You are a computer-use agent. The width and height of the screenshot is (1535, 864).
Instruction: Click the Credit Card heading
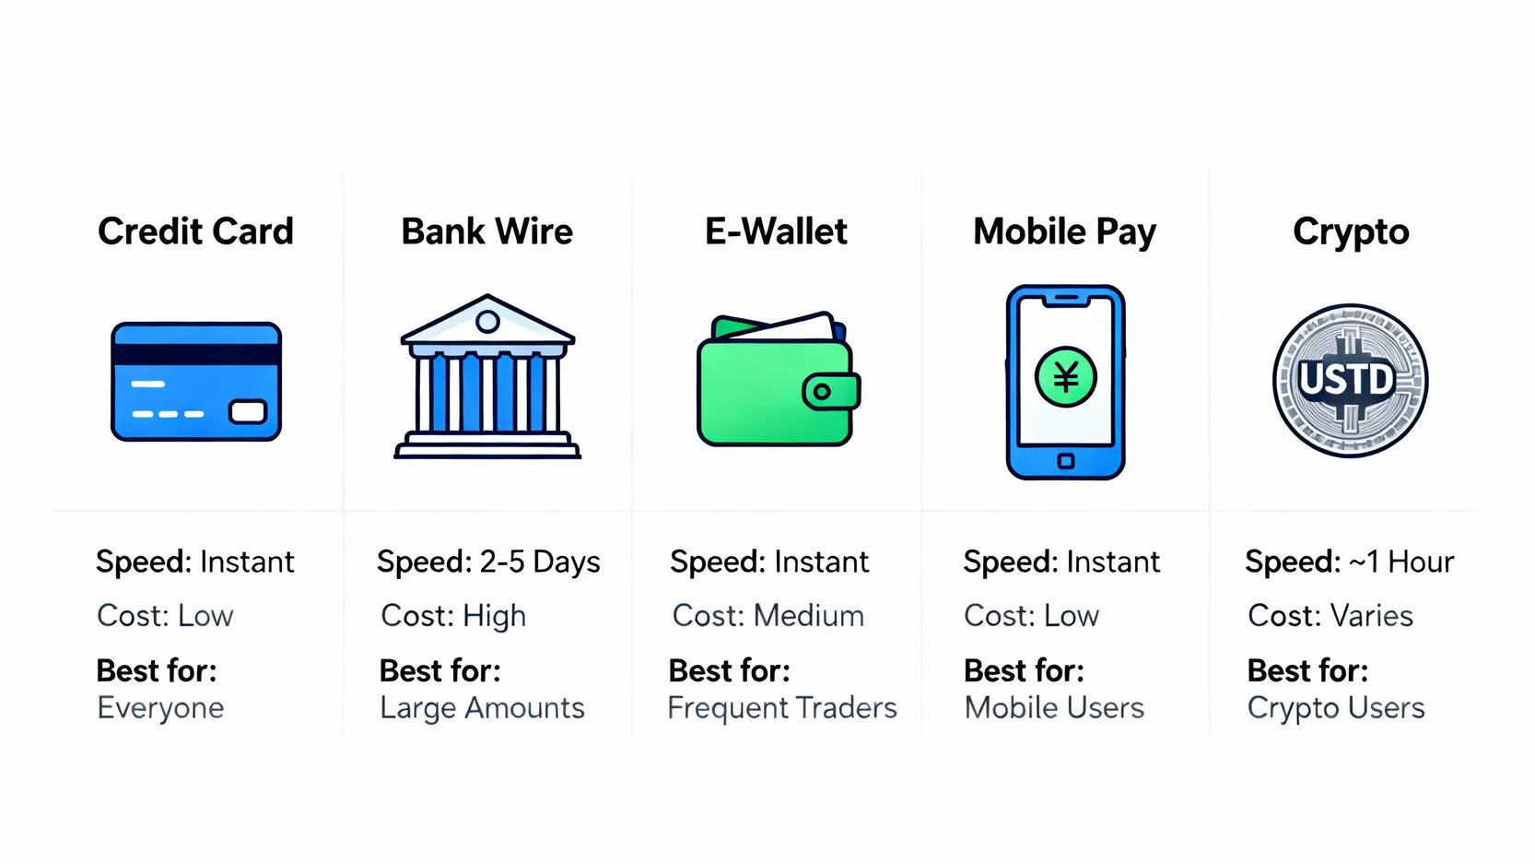tap(195, 231)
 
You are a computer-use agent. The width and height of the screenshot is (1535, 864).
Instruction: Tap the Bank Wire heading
tap(486, 231)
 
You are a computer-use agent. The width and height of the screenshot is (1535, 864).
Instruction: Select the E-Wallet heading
tap(776, 231)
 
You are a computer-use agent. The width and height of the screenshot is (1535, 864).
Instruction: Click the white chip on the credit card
tap(248, 411)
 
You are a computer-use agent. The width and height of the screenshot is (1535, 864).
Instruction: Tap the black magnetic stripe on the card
tap(196, 354)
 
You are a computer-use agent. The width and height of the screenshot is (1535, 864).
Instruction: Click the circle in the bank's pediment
tap(487, 321)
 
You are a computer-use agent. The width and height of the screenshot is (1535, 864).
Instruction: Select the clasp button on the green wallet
tap(822, 392)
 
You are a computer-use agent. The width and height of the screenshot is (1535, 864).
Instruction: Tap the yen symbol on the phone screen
tap(1066, 377)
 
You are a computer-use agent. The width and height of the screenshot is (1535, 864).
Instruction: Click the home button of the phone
tap(1066, 461)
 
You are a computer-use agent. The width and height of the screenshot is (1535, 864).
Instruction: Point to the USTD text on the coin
tap(1347, 379)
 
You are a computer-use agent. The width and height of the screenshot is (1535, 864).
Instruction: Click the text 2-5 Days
tap(539, 562)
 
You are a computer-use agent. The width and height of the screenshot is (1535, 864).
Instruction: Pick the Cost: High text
tap(453, 616)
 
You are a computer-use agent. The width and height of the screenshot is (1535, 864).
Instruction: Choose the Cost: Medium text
tap(768, 616)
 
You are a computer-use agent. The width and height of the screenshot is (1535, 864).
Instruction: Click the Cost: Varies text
tap(1330, 616)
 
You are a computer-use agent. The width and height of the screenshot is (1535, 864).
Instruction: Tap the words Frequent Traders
tap(782, 708)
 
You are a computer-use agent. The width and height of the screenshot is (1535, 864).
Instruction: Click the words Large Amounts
tap(483, 708)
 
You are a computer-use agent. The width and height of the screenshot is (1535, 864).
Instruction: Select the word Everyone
tap(160, 708)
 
